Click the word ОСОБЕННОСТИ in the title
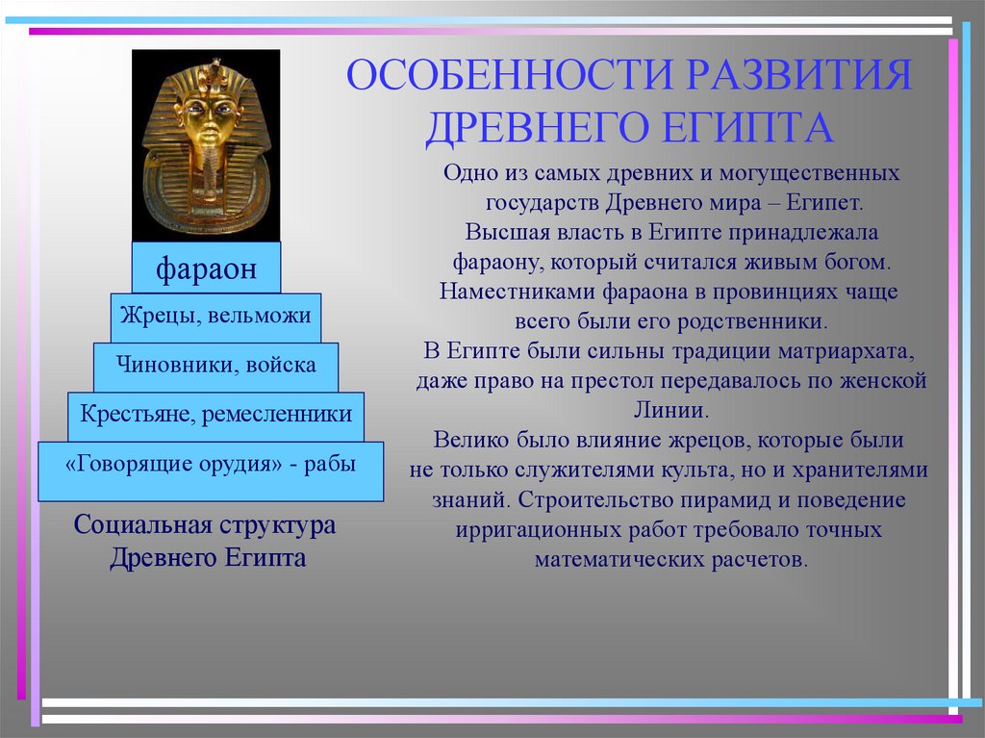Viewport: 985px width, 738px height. pos(510,74)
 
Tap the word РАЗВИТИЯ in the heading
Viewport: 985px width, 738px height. pos(798,74)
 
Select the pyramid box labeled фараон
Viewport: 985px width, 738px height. pos(206,267)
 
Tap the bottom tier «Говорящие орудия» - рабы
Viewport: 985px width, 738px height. pos(211,471)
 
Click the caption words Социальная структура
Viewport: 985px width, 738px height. pos(204,525)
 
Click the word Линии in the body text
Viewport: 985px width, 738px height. pos(670,410)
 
